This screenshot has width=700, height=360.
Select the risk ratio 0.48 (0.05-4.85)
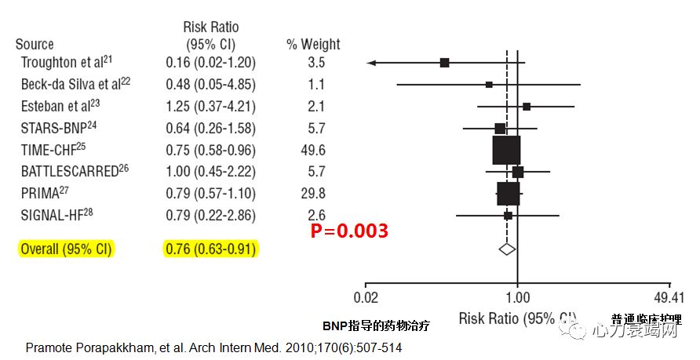pos(210,83)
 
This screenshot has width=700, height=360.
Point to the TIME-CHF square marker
pos(506,149)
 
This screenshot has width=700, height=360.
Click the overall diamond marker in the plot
pos(507,249)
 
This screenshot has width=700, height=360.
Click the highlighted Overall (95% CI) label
pos(65,249)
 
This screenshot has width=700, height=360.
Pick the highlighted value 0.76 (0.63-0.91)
pos(210,249)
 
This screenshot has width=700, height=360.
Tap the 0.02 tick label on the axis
pos(366,297)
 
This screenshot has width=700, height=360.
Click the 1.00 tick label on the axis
pos(517,297)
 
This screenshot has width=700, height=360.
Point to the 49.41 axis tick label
pos(669,297)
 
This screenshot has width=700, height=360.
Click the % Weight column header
pos(313,45)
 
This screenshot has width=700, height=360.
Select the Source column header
pos(35,45)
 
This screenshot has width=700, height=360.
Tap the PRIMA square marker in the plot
pos(508,193)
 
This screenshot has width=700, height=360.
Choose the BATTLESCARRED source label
pos(69,171)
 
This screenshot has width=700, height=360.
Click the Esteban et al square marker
pos(527,106)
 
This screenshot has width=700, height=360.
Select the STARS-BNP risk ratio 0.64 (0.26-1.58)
pos(210,127)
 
